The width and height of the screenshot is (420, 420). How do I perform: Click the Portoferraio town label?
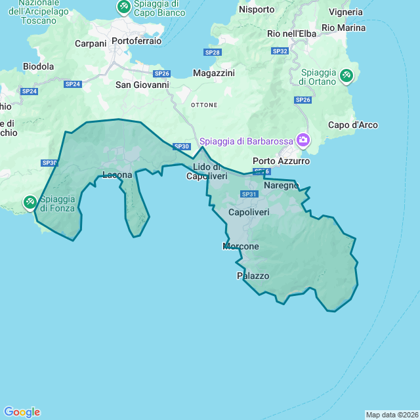136,41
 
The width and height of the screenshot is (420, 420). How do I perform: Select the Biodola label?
38,66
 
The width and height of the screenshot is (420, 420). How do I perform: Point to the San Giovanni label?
142,85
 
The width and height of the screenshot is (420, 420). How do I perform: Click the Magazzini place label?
214,73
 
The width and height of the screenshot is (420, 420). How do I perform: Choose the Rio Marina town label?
344,28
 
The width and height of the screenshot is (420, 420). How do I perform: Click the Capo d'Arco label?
353,125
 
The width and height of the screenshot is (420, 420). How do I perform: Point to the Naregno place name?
282,185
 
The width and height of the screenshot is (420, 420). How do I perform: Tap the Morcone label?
241,246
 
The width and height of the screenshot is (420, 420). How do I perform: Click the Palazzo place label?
253,276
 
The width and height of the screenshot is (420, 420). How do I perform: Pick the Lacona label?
117,175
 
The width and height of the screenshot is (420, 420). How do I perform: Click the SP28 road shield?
212,52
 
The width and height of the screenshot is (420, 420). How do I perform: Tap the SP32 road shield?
280,51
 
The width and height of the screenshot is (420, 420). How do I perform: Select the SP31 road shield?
249,194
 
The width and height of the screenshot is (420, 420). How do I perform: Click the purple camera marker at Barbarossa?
303,140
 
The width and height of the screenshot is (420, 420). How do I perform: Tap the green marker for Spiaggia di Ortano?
346,76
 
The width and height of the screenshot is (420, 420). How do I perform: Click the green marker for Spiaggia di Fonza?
30,201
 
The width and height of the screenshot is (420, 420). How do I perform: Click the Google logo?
22,412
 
